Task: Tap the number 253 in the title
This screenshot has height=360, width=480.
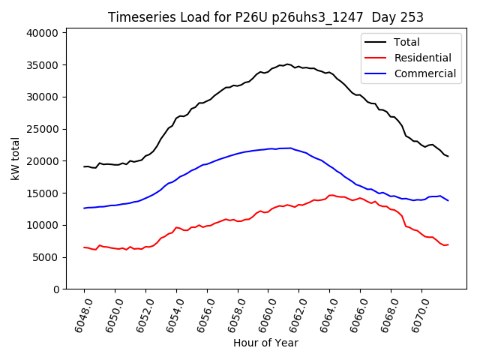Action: click(x=412, y=17)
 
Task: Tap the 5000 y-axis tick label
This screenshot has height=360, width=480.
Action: click(x=46, y=257)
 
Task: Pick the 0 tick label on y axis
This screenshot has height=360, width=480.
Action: click(x=56, y=289)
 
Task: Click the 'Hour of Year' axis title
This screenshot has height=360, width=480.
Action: click(x=265, y=343)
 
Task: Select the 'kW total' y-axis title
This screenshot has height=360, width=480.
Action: click(x=15, y=158)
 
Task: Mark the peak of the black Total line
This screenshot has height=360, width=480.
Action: click(x=287, y=64)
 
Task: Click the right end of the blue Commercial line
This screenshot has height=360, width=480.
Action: click(x=448, y=200)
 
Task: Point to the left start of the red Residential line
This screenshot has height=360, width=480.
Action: click(x=84, y=247)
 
